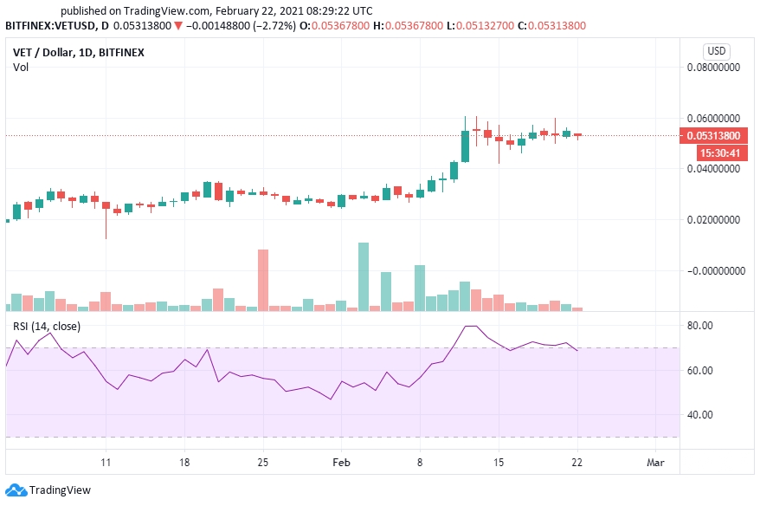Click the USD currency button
click(717, 50)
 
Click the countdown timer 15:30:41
click(718, 152)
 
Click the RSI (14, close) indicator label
click(47, 326)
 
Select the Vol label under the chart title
click(20, 67)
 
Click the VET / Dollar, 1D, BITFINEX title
click(78, 52)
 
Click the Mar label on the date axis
click(656, 463)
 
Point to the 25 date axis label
click(264, 463)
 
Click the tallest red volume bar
click(263, 280)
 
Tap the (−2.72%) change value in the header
click(271, 25)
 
